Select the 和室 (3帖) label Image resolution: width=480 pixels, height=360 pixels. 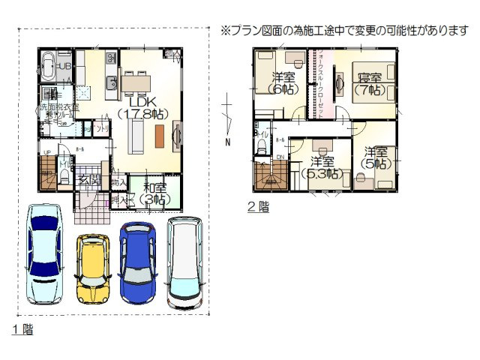tap(156, 194)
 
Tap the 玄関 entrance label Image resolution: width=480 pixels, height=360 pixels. tap(89, 181)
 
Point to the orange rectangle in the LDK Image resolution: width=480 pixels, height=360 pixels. tap(159, 136)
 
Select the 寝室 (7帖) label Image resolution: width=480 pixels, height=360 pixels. tap(366, 83)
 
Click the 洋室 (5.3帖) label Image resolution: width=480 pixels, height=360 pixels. tap(323, 167)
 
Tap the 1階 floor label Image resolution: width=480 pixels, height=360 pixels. tap(22, 330)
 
